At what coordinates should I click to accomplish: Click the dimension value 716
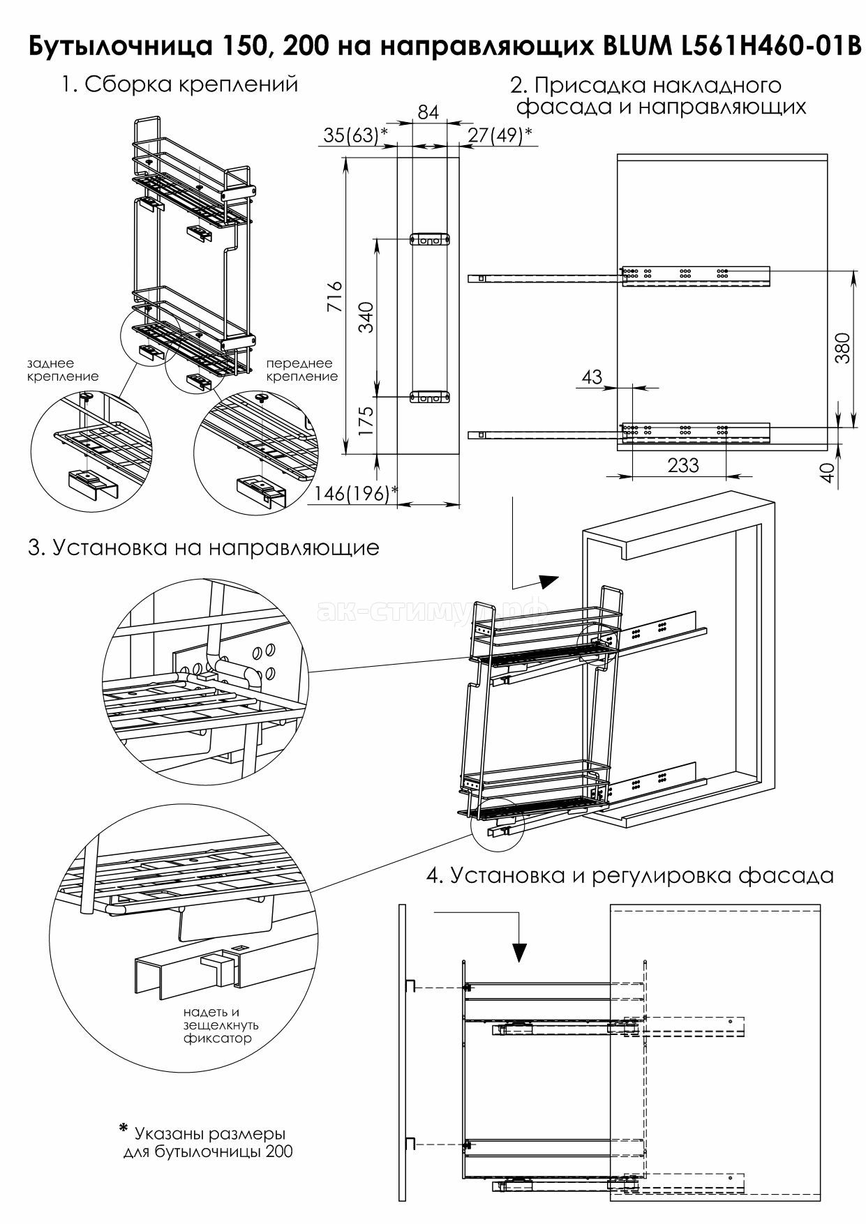[335, 296]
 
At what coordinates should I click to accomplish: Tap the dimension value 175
[366, 421]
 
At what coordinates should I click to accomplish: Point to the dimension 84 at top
[428, 112]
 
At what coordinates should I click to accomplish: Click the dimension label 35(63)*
[351, 135]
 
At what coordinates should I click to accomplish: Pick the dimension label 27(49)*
[500, 135]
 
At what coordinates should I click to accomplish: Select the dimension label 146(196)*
[355, 494]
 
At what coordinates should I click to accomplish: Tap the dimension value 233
[682, 465]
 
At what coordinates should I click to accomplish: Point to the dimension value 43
[591, 377]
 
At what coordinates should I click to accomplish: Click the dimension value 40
[828, 473]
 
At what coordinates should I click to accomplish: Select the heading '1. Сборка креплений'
[179, 84]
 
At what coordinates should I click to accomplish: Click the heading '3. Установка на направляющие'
[204, 547]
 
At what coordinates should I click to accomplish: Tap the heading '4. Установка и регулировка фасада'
[630, 875]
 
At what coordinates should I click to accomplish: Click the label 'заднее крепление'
[63, 370]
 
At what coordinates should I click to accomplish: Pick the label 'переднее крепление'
[301, 370]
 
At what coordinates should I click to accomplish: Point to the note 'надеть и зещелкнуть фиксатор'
[221, 1025]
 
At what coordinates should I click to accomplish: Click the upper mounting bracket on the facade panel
[430, 239]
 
